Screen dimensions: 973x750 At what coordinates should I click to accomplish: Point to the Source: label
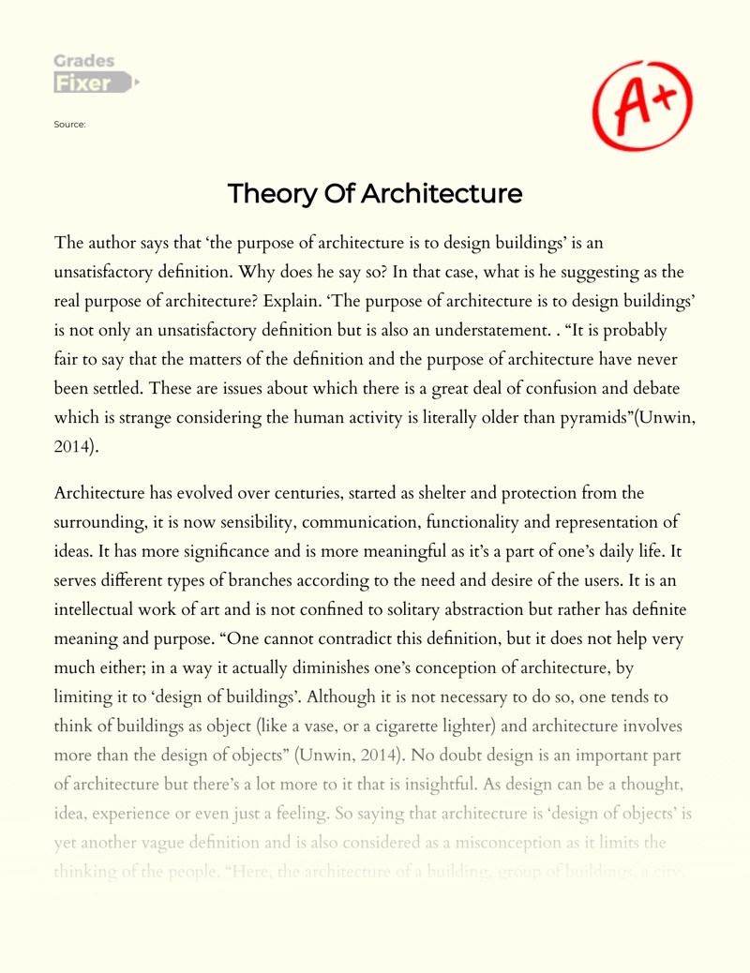click(x=71, y=124)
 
